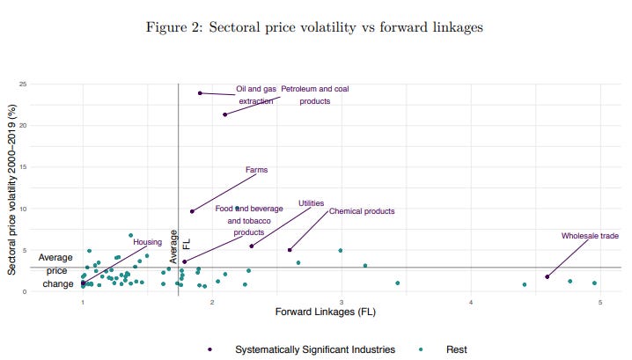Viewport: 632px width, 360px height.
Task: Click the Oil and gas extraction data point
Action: pyautogui.click(x=200, y=93)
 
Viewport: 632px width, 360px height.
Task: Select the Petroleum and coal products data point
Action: pyautogui.click(x=225, y=114)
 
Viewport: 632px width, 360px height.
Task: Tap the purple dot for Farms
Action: pyautogui.click(x=192, y=211)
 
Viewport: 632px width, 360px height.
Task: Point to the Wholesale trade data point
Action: pyautogui.click(x=547, y=277)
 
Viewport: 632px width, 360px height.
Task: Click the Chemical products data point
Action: pyautogui.click(x=290, y=250)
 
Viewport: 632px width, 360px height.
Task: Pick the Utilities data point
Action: pyautogui.click(x=252, y=246)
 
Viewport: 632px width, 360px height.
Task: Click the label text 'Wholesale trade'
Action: pyautogui.click(x=590, y=236)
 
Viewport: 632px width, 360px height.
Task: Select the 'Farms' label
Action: pyautogui.click(x=256, y=170)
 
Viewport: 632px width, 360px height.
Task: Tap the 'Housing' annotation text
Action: pyautogui.click(x=148, y=242)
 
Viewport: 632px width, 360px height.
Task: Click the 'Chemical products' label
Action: pyautogui.click(x=362, y=211)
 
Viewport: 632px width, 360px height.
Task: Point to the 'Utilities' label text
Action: pyautogui.click(x=312, y=203)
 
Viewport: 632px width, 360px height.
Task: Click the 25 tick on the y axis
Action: pyautogui.click(x=23, y=84)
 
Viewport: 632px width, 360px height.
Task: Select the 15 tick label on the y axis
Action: pyautogui.click(x=23, y=167)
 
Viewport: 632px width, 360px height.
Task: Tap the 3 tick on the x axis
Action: pyautogui.click(x=342, y=303)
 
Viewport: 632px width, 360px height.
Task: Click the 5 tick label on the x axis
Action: pyautogui.click(x=600, y=303)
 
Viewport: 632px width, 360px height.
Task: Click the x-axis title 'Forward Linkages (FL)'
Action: pyautogui.click(x=326, y=312)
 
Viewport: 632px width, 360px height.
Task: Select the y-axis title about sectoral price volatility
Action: pyautogui.click(x=11, y=189)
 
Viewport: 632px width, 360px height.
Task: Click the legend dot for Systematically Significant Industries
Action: pyautogui.click(x=209, y=349)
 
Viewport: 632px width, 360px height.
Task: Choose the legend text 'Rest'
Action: pyautogui.click(x=456, y=349)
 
